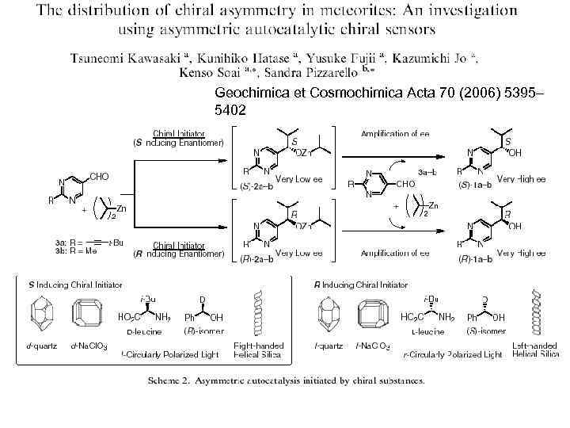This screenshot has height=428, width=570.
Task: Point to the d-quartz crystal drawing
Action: (42, 315)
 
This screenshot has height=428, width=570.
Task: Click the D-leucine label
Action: (143, 332)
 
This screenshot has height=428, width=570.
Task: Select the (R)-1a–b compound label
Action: (475, 258)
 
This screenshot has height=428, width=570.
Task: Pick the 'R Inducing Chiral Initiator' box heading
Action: (361, 284)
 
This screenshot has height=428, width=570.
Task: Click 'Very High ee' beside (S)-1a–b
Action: (522, 180)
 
